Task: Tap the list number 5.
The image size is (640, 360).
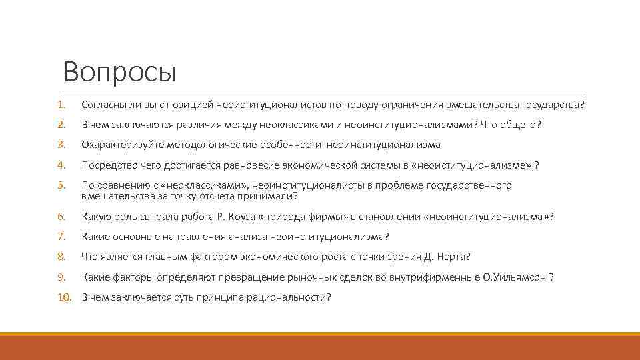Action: (x=60, y=185)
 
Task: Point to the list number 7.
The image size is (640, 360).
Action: (x=60, y=237)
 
